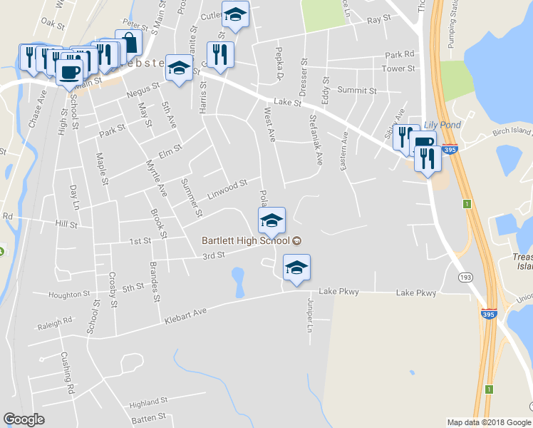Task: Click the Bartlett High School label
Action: (x=245, y=240)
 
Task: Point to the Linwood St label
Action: (x=227, y=188)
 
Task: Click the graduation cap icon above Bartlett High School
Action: (x=271, y=220)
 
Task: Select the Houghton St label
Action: (x=69, y=294)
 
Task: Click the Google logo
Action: (x=24, y=419)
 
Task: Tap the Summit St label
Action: (x=357, y=91)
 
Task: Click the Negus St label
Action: (x=143, y=90)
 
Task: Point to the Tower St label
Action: (x=398, y=68)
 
